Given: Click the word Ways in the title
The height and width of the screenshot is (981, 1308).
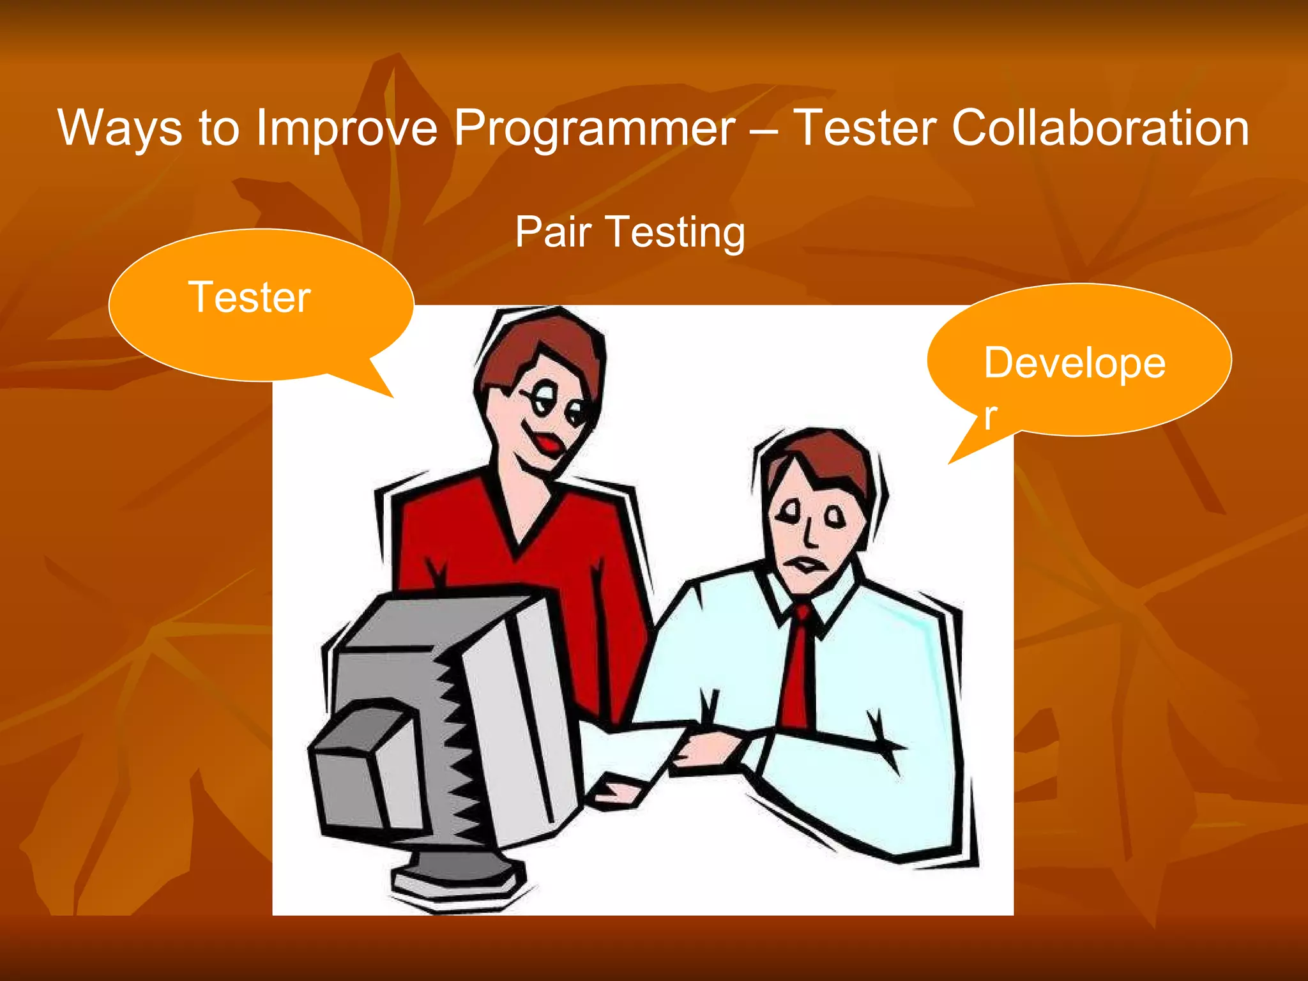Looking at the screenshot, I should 121,128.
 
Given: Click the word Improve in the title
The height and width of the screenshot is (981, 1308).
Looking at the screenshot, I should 347,128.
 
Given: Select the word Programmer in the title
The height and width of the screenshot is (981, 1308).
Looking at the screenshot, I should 595,128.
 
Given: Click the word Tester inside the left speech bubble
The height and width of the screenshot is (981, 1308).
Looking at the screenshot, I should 250,298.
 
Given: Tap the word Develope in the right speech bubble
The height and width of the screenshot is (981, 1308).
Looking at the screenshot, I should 1074,363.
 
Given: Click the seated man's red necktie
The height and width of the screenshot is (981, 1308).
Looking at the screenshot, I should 799,671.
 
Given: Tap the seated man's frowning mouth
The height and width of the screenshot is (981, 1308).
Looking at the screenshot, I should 807,564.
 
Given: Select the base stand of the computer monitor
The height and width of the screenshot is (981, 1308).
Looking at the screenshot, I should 457,878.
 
